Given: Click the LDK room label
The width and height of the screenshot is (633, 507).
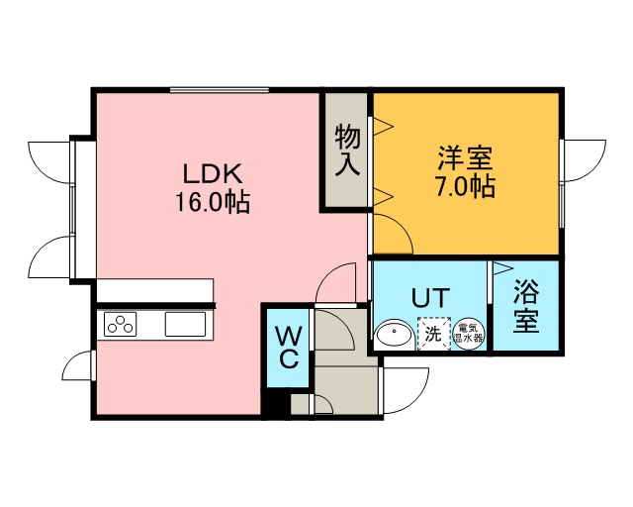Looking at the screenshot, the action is click(x=213, y=174).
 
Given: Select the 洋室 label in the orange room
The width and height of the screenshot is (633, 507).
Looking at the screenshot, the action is click(x=466, y=158).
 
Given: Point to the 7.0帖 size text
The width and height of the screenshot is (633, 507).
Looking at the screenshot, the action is click(x=465, y=186).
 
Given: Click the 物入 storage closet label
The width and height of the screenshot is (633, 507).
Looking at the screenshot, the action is click(x=347, y=150).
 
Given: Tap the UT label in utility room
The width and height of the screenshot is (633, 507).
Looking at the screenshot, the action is click(x=430, y=298).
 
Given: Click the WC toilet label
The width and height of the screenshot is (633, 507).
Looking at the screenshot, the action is click(x=289, y=348).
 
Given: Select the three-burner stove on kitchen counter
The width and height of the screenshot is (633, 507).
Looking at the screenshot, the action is click(x=121, y=324).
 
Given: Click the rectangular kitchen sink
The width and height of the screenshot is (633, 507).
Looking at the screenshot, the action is click(x=185, y=324).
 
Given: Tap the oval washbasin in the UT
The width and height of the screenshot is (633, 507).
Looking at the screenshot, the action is click(x=394, y=334).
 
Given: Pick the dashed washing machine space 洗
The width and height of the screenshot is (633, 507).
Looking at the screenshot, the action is click(x=433, y=333).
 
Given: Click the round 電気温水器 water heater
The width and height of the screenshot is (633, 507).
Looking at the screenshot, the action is click(x=468, y=334).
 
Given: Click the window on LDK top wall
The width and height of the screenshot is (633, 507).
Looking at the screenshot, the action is click(x=220, y=90).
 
